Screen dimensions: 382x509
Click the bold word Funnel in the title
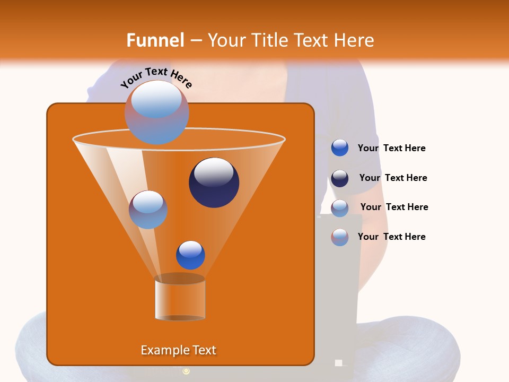[x=155, y=40]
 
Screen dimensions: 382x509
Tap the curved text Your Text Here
[x=156, y=78]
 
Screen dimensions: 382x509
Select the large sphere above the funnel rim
[x=157, y=112]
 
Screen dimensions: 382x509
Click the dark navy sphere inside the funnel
[x=214, y=183]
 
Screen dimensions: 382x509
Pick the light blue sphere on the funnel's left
[x=148, y=210]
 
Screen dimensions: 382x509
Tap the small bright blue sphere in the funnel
[x=190, y=255]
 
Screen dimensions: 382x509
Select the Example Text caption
[x=179, y=350]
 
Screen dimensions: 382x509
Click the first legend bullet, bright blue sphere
[x=340, y=148]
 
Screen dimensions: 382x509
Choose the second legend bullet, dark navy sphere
[x=340, y=178]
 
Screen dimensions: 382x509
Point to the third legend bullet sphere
[x=340, y=208]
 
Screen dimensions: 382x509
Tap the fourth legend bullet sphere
[x=340, y=237]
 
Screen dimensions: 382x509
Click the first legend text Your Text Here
[x=392, y=149]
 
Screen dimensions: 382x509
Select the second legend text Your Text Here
[x=393, y=178]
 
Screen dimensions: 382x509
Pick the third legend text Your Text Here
[x=394, y=207]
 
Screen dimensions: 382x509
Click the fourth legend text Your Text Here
[x=392, y=237]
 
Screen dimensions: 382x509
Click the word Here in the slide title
[x=355, y=40]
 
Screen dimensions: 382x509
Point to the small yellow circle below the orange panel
[x=186, y=371]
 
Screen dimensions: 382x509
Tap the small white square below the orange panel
[x=339, y=363]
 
